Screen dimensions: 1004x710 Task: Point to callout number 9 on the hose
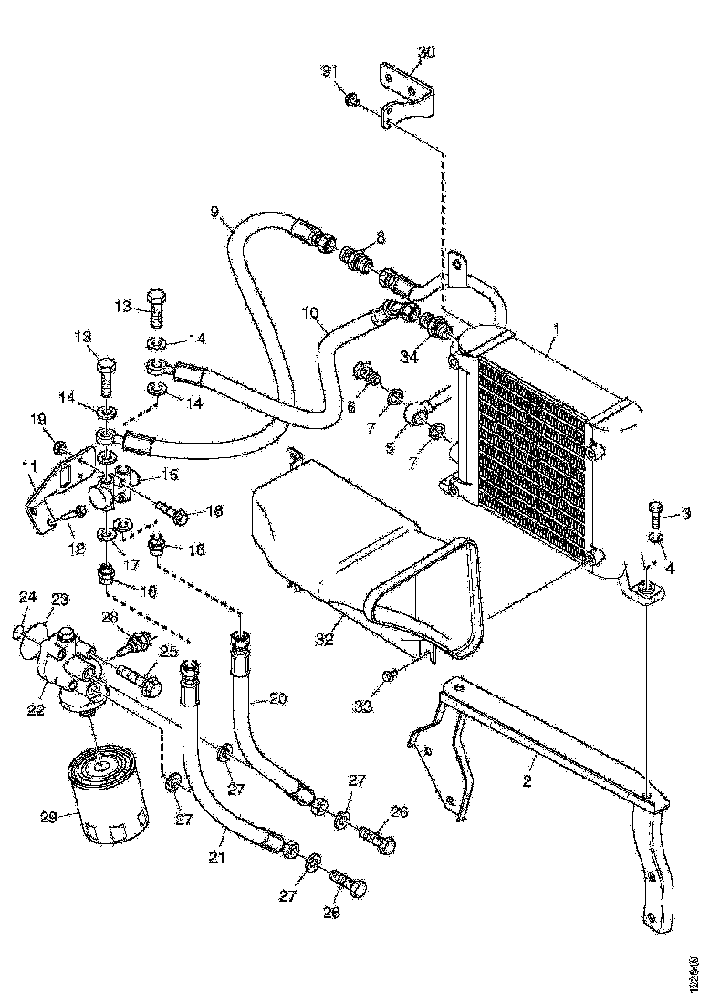[x=215, y=213]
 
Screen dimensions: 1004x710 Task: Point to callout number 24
[x=27, y=598]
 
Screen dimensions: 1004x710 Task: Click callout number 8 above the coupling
[x=380, y=236]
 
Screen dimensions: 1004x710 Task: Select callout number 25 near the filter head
[x=168, y=650]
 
